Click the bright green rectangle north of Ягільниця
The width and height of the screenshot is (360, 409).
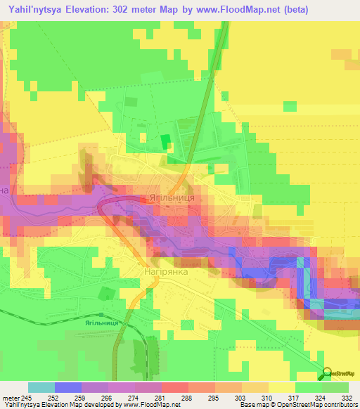pyautogui.click(x=166, y=141)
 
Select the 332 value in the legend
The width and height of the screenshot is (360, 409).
pyautogui.click(x=347, y=397)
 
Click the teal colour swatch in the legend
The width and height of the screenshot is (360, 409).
pyautogui.click(x=41, y=387)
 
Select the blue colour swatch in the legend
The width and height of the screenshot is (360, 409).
pyautogui.click(x=68, y=387)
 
